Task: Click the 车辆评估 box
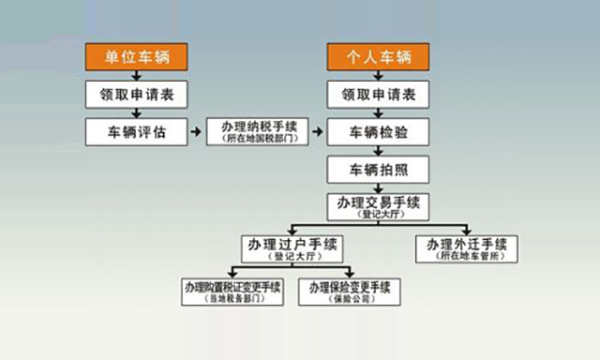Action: pyautogui.click(x=137, y=131)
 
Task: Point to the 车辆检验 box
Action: pyautogui.click(x=378, y=131)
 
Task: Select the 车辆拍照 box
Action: pyautogui.click(x=378, y=169)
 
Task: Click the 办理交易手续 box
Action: pyautogui.click(x=378, y=206)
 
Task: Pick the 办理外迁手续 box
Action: pyautogui.click(x=466, y=247)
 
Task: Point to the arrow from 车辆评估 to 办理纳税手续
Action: pyautogui.click(x=197, y=131)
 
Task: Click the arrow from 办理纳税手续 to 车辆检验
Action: pyautogui.click(x=317, y=131)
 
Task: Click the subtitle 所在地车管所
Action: pyautogui.click(x=466, y=255)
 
